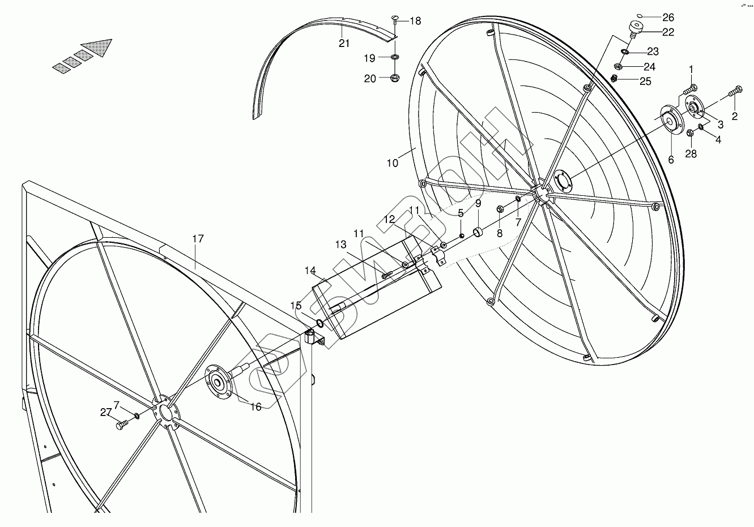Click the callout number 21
point(344,44)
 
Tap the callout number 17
point(197,239)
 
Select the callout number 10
point(393,163)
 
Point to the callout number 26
point(653,16)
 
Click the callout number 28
point(691,153)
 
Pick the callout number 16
point(256,406)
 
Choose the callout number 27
point(106,413)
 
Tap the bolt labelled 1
point(690,89)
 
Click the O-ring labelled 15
point(320,324)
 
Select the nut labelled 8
point(501,209)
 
